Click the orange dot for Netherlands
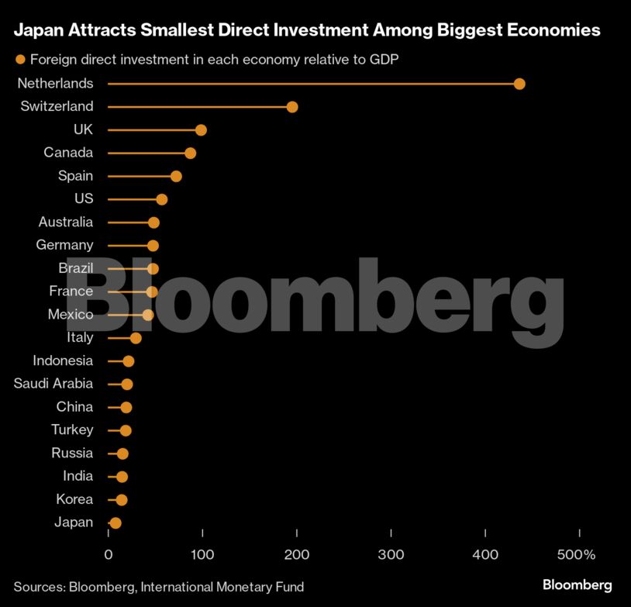[519, 84]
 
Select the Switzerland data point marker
[292, 107]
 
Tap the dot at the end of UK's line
[201, 130]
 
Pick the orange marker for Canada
[191, 153]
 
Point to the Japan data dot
[116, 523]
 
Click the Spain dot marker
[176, 176]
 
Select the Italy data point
[136, 338]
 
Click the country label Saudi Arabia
[53, 384]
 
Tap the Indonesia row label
[63, 360]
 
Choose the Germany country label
[64, 245]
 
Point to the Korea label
[74, 499]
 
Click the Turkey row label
[72, 429]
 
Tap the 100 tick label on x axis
[202, 555]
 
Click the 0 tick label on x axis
[109, 555]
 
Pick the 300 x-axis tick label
[391, 555]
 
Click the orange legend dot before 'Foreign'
[21, 59]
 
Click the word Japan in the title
[39, 31]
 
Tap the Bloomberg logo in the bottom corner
[577, 585]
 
